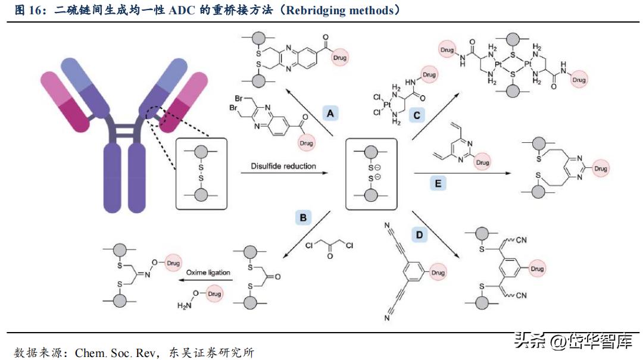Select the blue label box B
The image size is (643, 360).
click(x=303, y=218)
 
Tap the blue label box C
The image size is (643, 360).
click(x=417, y=113)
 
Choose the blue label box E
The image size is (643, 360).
click(x=438, y=183)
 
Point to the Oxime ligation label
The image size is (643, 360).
click(x=208, y=273)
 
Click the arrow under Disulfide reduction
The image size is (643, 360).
click(x=285, y=174)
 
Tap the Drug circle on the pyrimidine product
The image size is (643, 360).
click(x=600, y=169)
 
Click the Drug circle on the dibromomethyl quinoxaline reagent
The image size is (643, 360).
click(x=307, y=143)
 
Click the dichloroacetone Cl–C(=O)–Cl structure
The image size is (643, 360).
click(x=328, y=247)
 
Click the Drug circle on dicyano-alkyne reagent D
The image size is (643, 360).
click(x=438, y=273)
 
